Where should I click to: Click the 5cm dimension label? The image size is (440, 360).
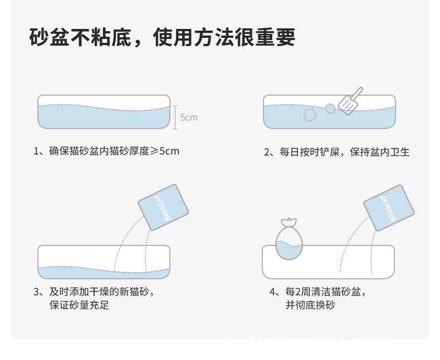(189, 117)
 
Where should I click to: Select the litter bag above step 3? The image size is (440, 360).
(163, 207)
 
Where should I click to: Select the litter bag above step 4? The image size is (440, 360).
(389, 207)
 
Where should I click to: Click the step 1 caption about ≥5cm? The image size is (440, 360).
(107, 151)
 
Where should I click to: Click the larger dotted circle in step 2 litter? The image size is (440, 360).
(310, 115)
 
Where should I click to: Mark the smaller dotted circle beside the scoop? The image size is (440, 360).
(330, 108)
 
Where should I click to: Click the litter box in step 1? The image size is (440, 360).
(104, 112)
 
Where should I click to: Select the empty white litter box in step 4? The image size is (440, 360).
(329, 262)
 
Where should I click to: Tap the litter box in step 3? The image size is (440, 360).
(104, 262)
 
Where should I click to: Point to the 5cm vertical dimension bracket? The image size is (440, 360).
(175, 117)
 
